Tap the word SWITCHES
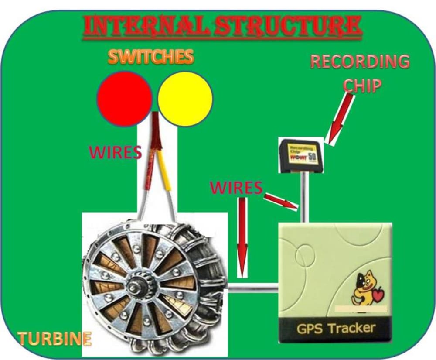coord(150,56)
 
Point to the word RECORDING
coord(360,62)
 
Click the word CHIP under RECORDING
coord(362,86)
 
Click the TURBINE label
coord(54,338)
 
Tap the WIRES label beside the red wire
coord(115,152)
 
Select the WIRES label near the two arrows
coord(236,187)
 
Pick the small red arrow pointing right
coord(281,201)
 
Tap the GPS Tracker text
coord(336,328)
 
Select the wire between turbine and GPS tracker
coord(253,288)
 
